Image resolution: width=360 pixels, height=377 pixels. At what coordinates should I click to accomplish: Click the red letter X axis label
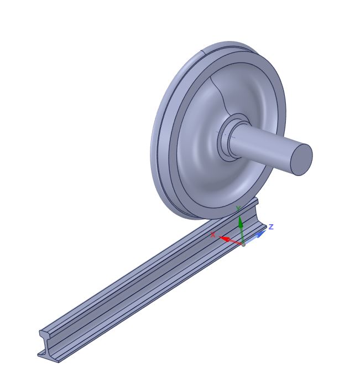(213, 235)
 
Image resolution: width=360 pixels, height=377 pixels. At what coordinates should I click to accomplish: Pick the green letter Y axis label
(238, 208)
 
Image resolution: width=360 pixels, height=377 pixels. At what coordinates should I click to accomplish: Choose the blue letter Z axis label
(271, 226)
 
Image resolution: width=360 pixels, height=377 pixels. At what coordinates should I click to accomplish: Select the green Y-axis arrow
(240, 224)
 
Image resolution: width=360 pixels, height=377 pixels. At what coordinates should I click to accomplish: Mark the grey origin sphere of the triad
(243, 244)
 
